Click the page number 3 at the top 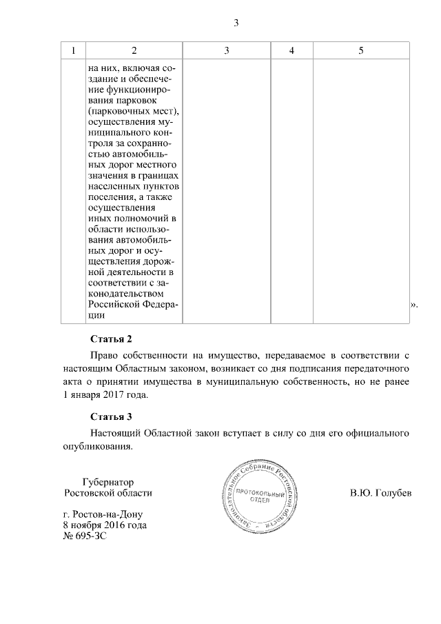(236, 23)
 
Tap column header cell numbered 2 (134, 51)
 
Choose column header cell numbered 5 (361, 51)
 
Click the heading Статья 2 (110, 339)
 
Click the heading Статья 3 (110, 416)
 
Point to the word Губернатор (107, 482)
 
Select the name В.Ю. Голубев (380, 494)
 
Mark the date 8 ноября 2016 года (104, 525)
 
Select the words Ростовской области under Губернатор (107, 494)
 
